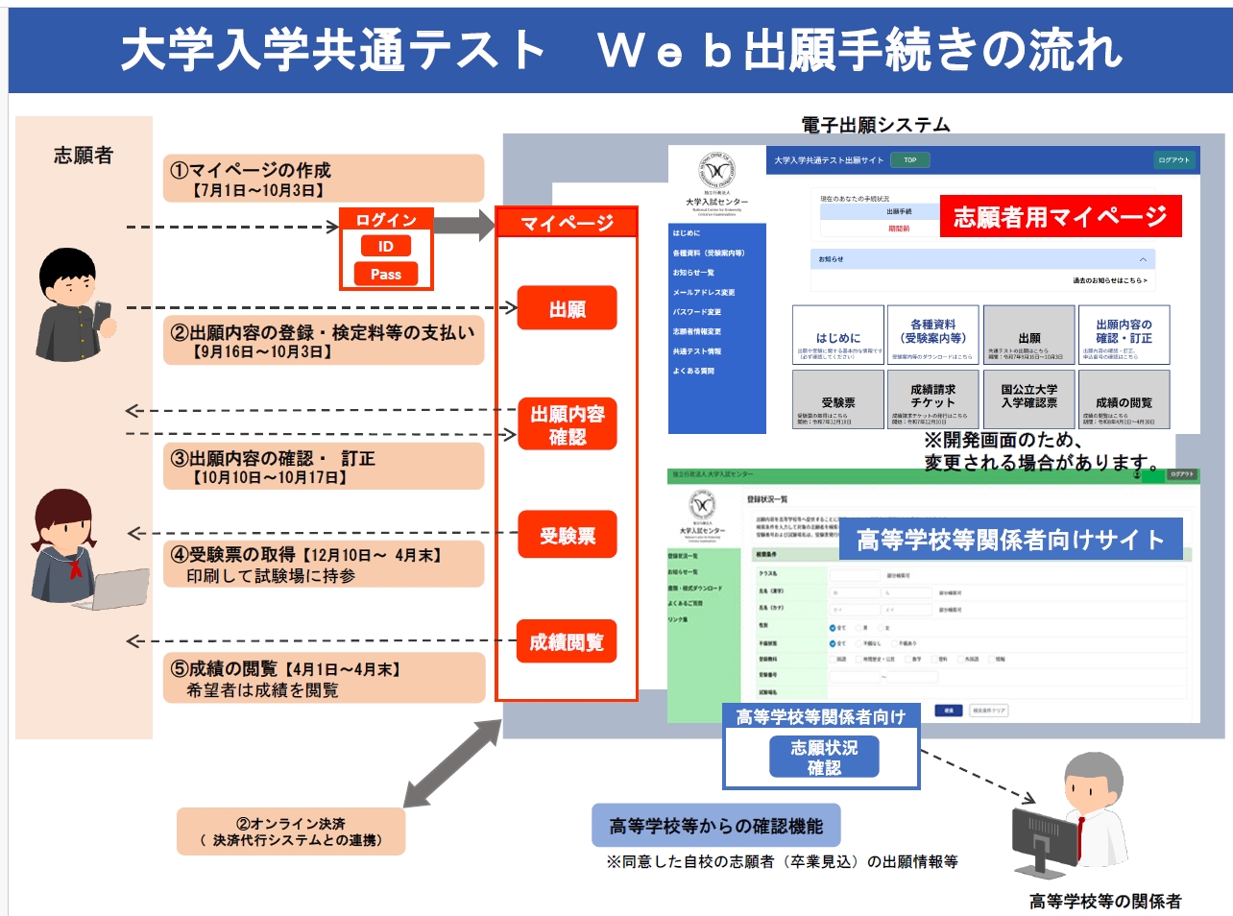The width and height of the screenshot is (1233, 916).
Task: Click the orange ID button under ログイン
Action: pyautogui.click(x=385, y=247)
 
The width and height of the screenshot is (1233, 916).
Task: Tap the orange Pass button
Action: pyautogui.click(x=385, y=275)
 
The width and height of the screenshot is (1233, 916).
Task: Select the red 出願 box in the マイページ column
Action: pyautogui.click(x=567, y=308)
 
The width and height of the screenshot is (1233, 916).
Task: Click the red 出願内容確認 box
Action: pyautogui.click(x=567, y=425)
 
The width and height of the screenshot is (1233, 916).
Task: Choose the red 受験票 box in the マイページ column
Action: pyautogui.click(x=567, y=535)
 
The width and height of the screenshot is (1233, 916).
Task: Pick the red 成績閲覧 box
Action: pyautogui.click(x=567, y=641)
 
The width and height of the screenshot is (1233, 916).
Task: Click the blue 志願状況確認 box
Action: pyautogui.click(x=824, y=757)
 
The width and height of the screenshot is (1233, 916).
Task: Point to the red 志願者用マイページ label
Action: pyautogui.click(x=1060, y=217)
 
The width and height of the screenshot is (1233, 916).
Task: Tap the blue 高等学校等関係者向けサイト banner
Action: pyautogui.click(x=1010, y=541)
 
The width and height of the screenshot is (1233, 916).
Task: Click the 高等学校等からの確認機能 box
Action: pyautogui.click(x=716, y=825)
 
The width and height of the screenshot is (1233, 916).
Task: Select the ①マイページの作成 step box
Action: pyautogui.click(x=324, y=179)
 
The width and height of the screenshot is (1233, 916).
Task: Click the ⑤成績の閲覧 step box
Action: pyautogui.click(x=324, y=678)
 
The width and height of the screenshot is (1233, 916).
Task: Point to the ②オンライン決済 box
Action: pyautogui.click(x=291, y=832)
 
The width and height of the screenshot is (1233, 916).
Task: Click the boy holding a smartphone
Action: pyautogui.click(x=73, y=305)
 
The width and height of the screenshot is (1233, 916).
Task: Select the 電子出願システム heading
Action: pyautogui.click(x=875, y=125)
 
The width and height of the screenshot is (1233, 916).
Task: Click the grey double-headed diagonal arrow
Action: pyautogui.click(x=452, y=764)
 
